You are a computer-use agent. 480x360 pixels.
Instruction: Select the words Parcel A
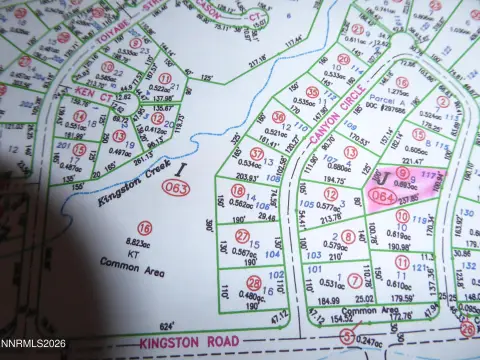coord(385,98)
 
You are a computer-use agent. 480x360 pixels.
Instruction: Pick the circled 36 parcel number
coord(278,117)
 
